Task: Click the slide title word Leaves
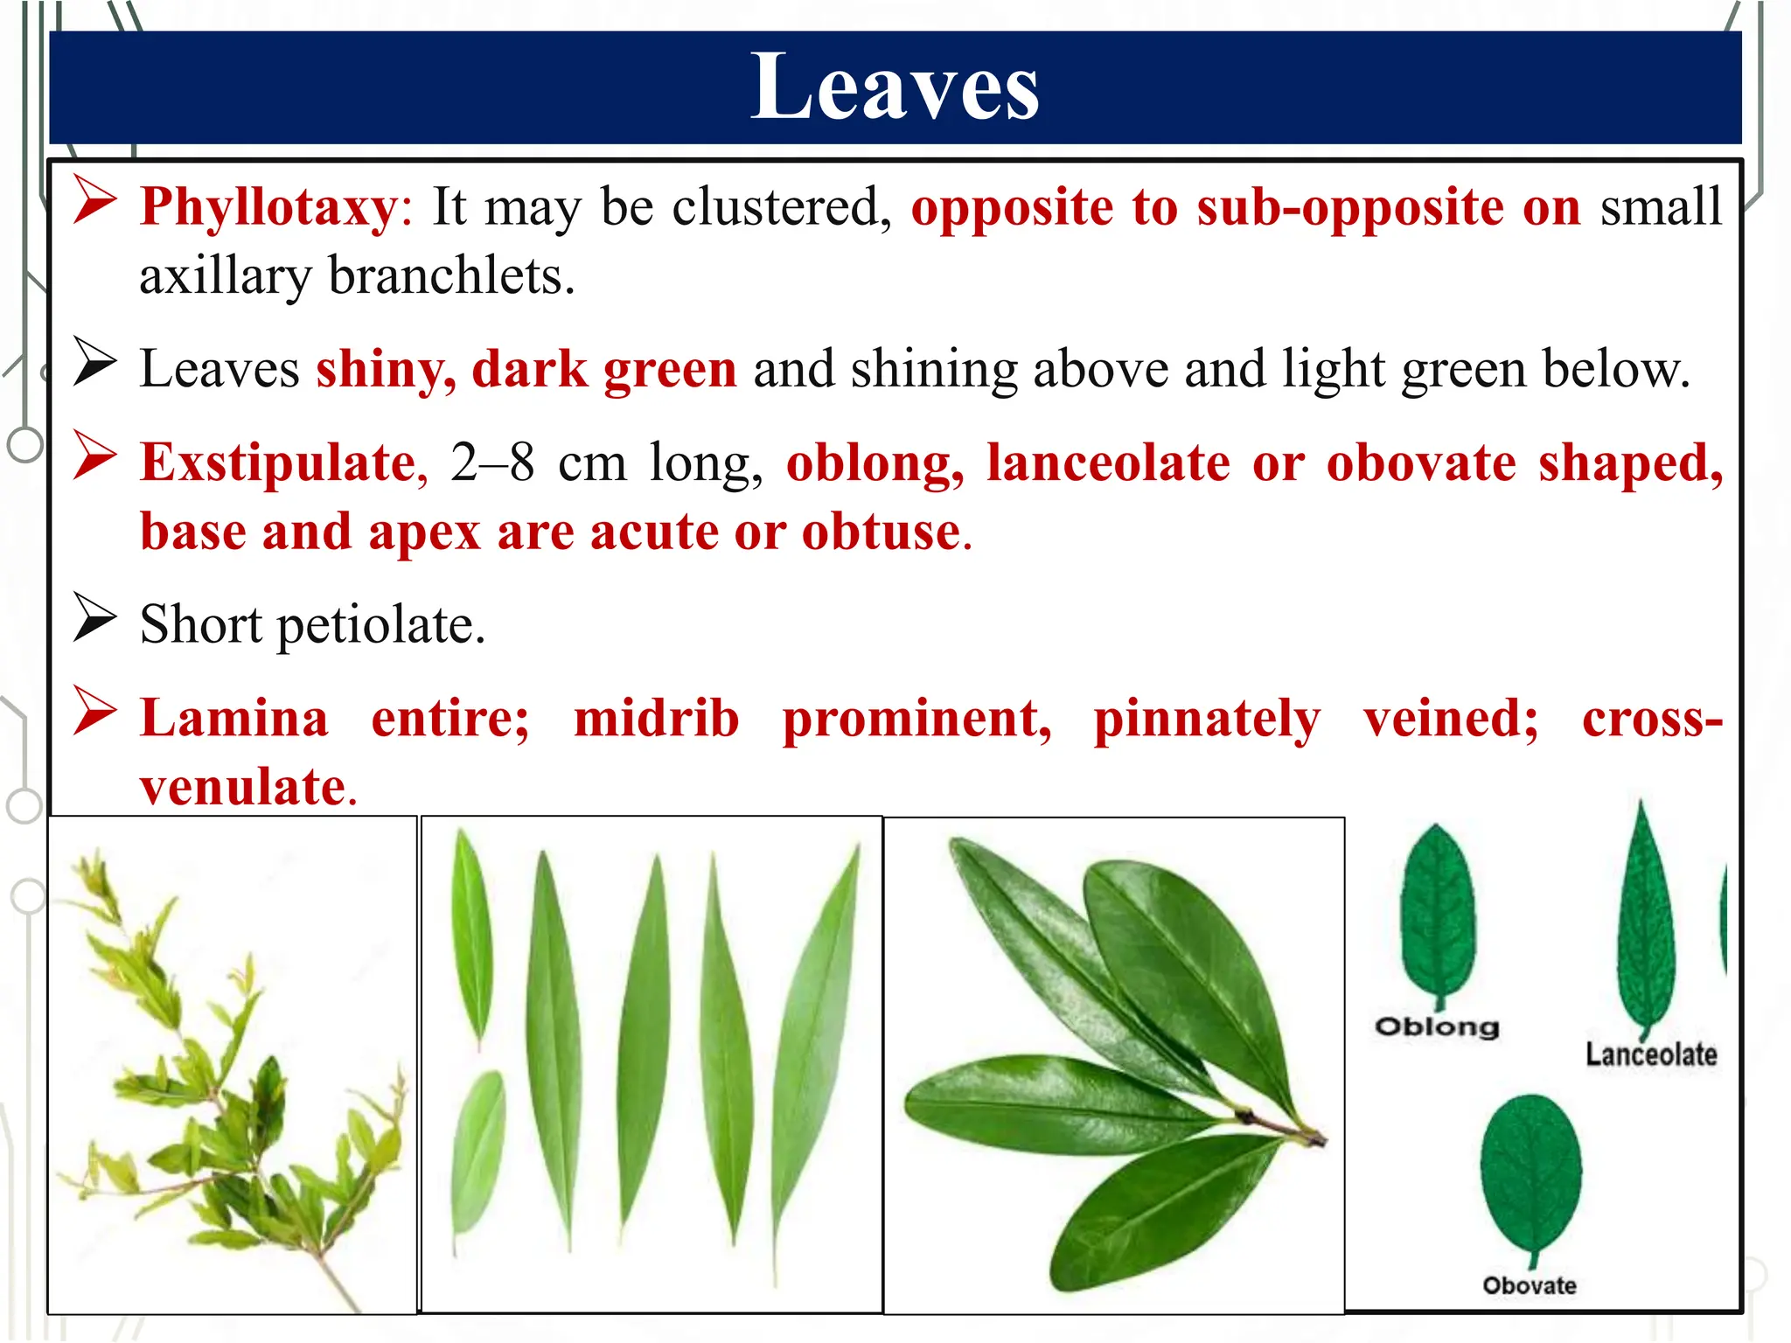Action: pyautogui.click(x=895, y=87)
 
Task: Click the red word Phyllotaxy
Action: pyautogui.click(x=268, y=208)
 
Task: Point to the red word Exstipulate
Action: pyautogui.click(x=278, y=463)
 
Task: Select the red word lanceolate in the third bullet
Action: pyautogui.click(x=1108, y=463)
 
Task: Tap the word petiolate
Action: pyautogui.click(x=380, y=626)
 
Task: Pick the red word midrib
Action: pyautogui.click(x=656, y=720)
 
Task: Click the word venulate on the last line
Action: pyautogui.click(x=243, y=787)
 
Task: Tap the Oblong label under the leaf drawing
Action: pyautogui.click(x=1437, y=1026)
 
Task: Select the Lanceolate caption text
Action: pyautogui.click(x=1651, y=1054)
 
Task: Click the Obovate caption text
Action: pyautogui.click(x=1530, y=1285)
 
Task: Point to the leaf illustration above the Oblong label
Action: pyautogui.click(x=1437, y=914)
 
